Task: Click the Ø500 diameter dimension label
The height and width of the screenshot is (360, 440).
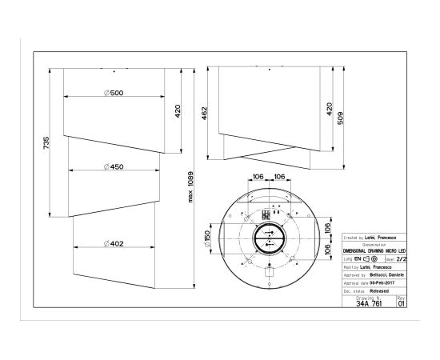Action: point(115,94)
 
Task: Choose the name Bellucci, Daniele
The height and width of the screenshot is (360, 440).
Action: point(386,274)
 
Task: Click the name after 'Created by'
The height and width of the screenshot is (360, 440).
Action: point(385,238)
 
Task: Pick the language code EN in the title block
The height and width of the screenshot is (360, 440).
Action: point(357,259)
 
